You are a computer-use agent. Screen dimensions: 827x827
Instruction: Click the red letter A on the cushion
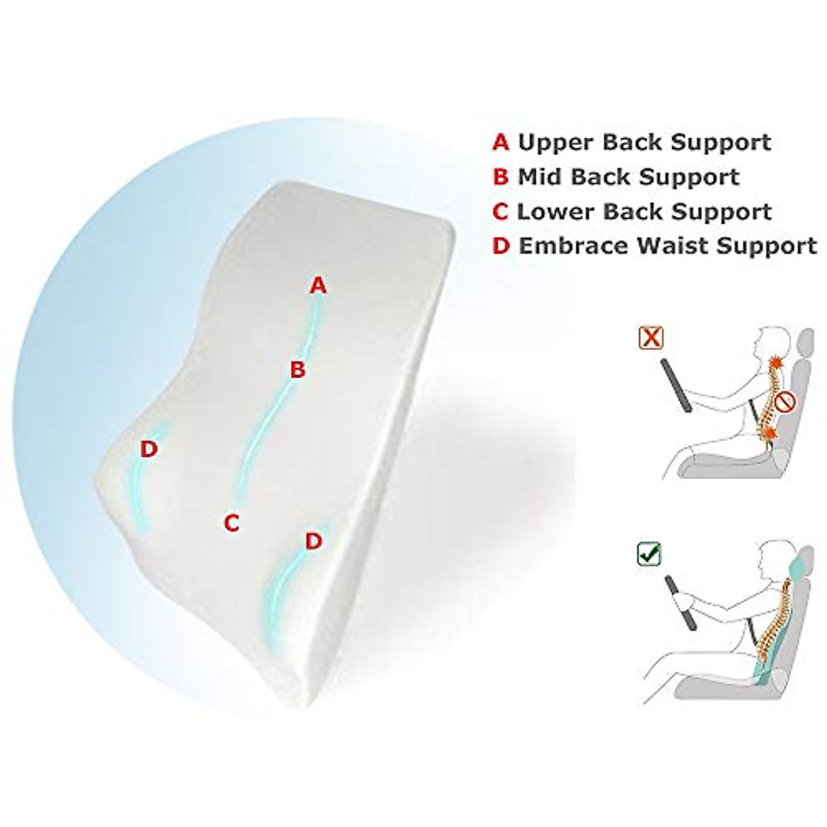[x=317, y=285]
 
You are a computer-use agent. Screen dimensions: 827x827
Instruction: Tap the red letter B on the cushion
[x=297, y=370]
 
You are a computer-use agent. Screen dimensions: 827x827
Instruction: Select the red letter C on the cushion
[x=232, y=523]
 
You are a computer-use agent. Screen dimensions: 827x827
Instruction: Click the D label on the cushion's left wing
[x=149, y=449]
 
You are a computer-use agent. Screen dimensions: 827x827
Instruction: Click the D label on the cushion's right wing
[x=314, y=541]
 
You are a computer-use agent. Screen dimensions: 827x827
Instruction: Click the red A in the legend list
[x=500, y=143]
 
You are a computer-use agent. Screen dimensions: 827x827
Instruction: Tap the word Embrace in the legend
[x=580, y=245]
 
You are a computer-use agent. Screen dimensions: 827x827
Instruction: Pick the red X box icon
[x=651, y=338]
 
